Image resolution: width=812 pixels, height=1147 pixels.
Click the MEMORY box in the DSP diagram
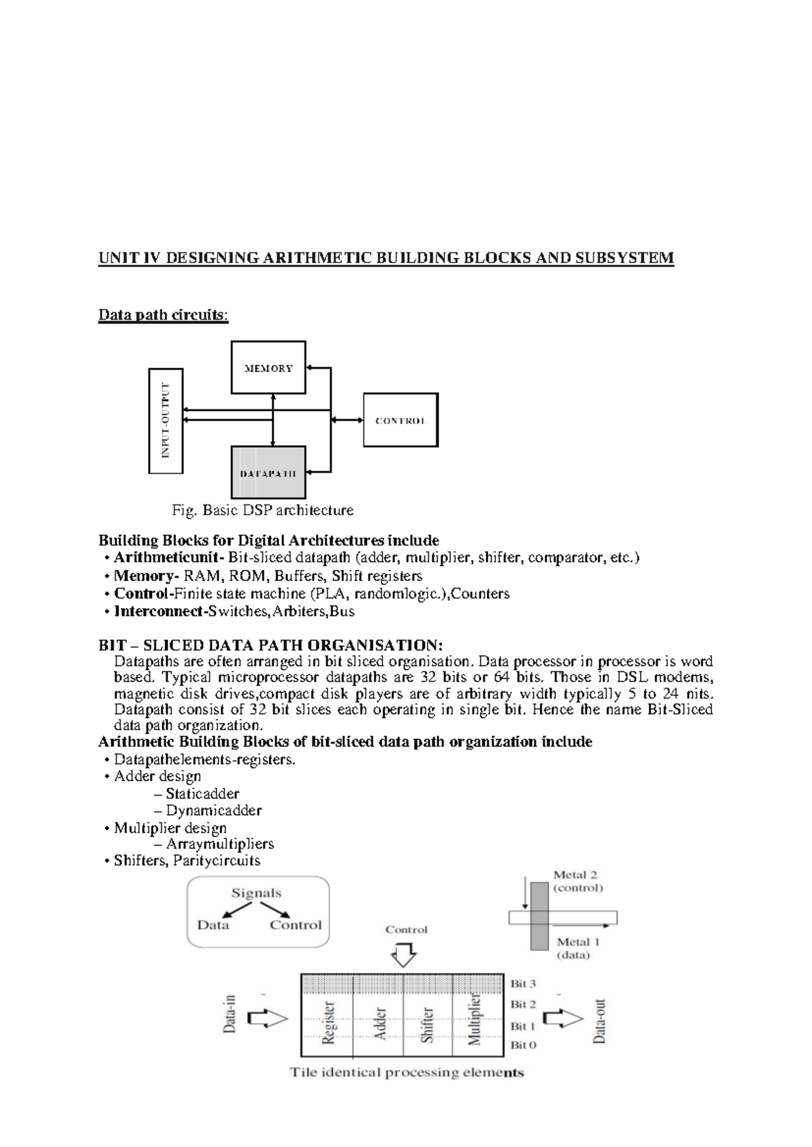268,367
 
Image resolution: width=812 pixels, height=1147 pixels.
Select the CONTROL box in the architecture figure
401,420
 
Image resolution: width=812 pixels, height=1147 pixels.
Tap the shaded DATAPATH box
268,473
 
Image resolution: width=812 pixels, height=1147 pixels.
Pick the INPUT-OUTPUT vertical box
166,421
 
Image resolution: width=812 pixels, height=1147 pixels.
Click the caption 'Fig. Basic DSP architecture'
263,510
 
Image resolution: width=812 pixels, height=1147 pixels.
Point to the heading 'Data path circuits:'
164,315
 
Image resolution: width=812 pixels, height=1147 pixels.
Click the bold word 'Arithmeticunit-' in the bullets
168,558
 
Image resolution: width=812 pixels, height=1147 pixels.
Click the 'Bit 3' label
523,984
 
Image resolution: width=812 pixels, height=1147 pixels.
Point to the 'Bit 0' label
523,1045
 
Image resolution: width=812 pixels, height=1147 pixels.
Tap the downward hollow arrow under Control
404,956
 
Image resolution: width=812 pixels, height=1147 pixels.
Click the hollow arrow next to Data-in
268,1019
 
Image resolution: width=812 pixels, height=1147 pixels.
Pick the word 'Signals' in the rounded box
256,893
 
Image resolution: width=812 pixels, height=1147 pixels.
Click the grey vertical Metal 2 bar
539,916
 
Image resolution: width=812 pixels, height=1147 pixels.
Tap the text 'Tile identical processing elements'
407,1073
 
